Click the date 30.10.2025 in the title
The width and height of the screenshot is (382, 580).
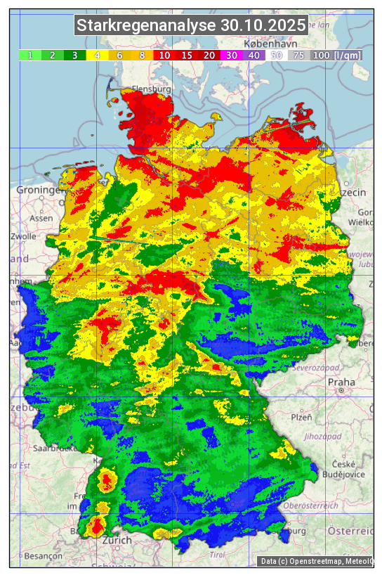[264, 26]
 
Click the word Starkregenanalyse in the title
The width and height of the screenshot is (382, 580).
[146, 26]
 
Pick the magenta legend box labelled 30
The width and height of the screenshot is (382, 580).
[230, 55]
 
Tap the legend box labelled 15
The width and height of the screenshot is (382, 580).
[187, 55]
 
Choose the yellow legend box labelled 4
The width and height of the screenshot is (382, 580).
[98, 55]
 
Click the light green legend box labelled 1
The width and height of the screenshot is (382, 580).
[30, 55]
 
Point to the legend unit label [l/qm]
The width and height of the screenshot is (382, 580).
[348, 55]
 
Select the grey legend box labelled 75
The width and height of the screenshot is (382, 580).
[298, 55]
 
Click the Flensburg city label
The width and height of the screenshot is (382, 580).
[152, 90]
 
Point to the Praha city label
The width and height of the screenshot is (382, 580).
[341, 382]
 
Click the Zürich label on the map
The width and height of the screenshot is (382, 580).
[117, 540]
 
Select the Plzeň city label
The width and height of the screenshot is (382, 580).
[301, 418]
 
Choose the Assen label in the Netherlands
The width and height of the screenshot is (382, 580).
[41, 218]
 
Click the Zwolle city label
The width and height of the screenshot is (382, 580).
[23, 236]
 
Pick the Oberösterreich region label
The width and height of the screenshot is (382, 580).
[311, 505]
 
